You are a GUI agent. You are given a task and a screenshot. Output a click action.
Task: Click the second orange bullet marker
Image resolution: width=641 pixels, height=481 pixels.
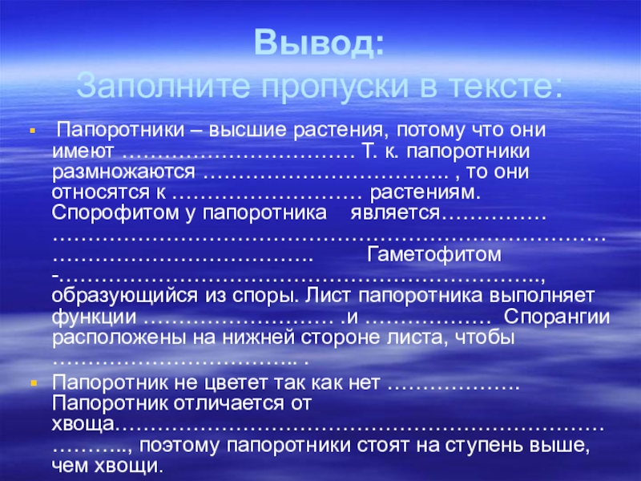pyautogui.click(x=32, y=383)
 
